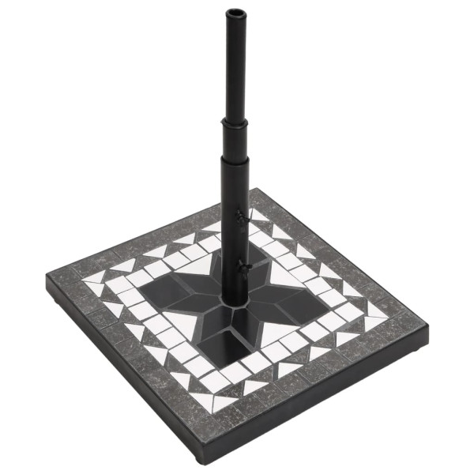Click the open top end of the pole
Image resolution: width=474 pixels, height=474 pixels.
(x=235, y=13)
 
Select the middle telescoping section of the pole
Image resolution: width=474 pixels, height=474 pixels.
(x=235, y=138)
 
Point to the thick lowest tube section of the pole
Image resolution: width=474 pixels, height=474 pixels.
(x=235, y=229)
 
